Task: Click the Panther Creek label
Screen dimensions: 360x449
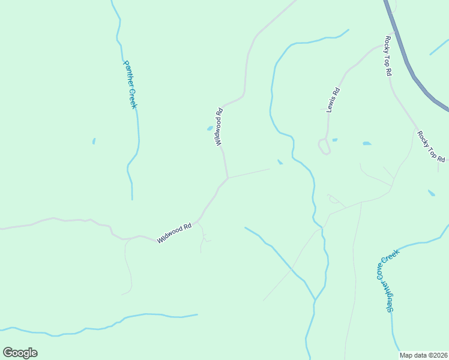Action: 130,83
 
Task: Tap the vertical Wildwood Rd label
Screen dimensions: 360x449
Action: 219,127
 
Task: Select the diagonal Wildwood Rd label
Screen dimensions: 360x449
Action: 174,233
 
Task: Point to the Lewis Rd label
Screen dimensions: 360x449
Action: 333,100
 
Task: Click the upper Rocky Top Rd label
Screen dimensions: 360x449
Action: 388,55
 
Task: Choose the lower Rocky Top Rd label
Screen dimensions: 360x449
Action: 431,147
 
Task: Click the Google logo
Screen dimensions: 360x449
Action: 20,353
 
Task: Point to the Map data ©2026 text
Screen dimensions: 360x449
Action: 423,355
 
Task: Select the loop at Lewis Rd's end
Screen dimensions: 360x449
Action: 325,146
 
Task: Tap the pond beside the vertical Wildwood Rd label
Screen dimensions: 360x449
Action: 210,128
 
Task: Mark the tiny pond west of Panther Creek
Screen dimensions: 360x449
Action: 94,141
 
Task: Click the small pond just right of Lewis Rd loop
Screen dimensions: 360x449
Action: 334,140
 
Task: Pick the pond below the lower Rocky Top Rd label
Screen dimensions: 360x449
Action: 432,193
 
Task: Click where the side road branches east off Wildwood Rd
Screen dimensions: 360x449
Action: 228,178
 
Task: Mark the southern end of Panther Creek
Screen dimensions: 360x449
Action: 132,198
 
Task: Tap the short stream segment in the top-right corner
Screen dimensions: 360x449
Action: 439,47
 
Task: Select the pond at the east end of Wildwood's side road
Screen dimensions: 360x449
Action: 280,161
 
